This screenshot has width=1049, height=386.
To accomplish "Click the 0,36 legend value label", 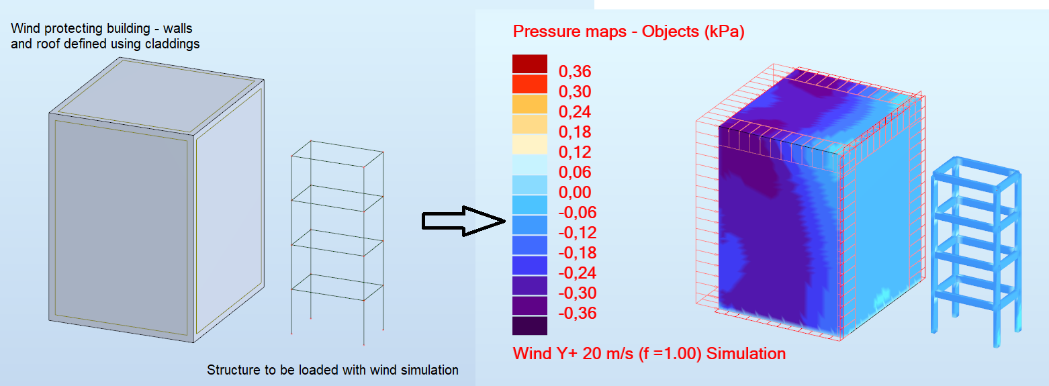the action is (x=575, y=72).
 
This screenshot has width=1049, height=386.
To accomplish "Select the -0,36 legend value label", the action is (x=578, y=313).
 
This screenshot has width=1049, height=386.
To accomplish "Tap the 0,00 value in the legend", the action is (x=575, y=192).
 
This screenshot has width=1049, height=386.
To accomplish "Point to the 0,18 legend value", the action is (x=575, y=132).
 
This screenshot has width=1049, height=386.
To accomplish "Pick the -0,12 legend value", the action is (x=578, y=232).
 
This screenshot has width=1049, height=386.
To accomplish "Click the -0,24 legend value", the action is (x=578, y=273).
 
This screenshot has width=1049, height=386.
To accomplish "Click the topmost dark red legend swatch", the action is (x=530, y=64).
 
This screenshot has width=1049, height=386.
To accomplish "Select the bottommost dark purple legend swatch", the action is (x=530, y=326).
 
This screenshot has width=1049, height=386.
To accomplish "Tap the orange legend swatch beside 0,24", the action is (x=530, y=104).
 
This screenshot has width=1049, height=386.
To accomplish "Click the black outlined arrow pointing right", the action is (x=463, y=221).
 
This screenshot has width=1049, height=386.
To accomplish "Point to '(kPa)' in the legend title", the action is (x=725, y=32).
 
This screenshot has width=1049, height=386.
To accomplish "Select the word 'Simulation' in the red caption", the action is (x=745, y=353).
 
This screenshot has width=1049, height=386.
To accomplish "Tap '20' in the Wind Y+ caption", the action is (x=592, y=353).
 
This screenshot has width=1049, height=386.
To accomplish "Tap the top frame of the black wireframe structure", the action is (x=337, y=154).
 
